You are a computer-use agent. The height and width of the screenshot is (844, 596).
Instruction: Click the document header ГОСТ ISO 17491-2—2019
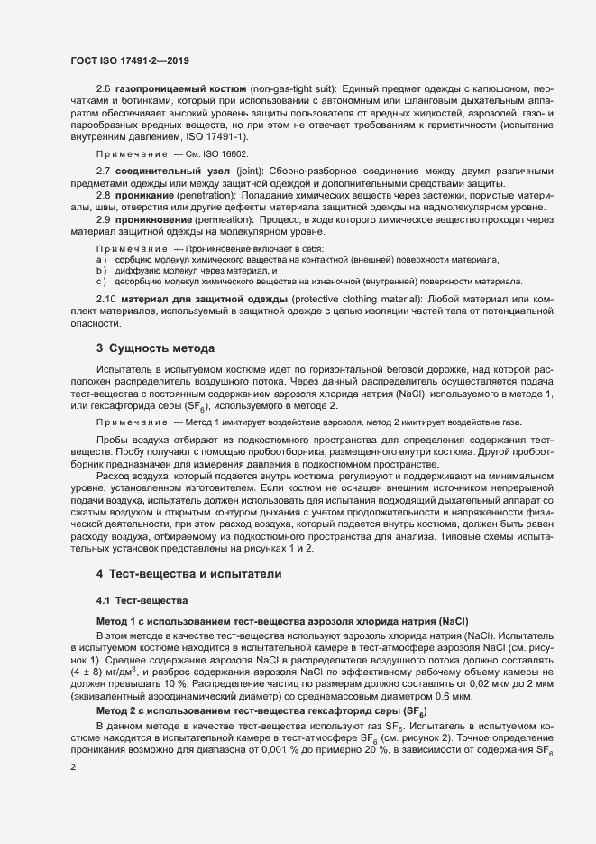point(129,60)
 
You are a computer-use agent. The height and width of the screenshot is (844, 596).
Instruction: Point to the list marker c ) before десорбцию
point(101,281)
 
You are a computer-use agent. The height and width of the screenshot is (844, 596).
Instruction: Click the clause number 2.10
point(106,298)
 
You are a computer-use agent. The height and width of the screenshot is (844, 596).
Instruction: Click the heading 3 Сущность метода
point(155,348)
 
